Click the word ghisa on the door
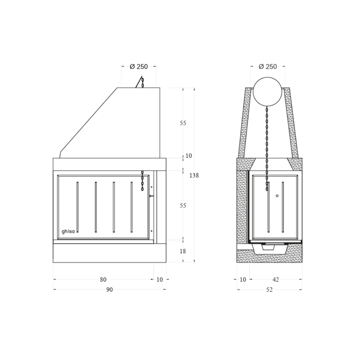coord(68,231)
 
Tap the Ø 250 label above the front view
coord(139,67)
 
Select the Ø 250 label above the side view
coord(268,67)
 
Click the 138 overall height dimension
coord(194,175)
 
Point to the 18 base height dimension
coord(183,251)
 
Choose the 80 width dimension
coord(103,279)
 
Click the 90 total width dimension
coord(109,289)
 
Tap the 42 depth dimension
coord(275,279)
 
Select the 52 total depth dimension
coord(269,289)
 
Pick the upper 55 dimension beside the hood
coord(183,123)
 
